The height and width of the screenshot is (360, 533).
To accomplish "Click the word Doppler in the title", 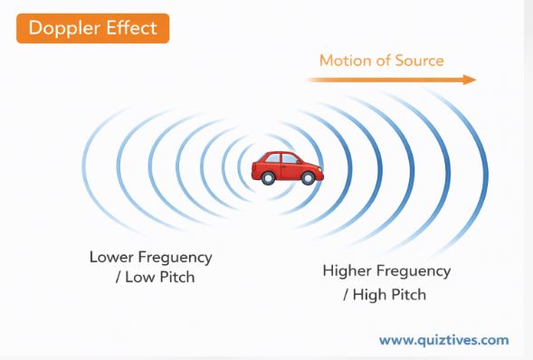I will (62, 27).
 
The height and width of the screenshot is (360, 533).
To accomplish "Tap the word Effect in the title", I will (132, 27).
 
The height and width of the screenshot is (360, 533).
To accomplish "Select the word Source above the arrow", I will (418, 62).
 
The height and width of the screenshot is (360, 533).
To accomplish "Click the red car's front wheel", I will (309, 178).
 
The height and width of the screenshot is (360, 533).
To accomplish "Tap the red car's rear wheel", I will (268, 178).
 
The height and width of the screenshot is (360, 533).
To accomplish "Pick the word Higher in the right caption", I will (347, 271).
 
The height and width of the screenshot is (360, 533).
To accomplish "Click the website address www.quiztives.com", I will (443, 341).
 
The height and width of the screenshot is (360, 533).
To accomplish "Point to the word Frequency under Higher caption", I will (412, 271).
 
